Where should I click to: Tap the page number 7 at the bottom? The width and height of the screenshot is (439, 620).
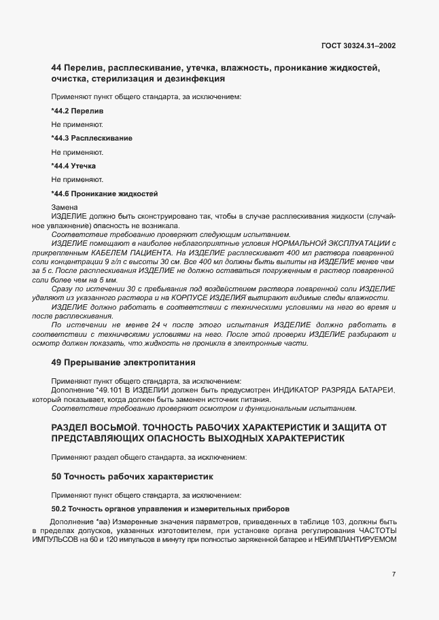click(x=394, y=574)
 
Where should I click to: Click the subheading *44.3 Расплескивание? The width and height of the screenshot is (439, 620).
click(x=91, y=138)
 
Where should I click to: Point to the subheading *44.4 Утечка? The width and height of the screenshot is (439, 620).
click(x=73, y=166)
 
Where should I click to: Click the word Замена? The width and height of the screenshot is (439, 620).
click(x=65, y=207)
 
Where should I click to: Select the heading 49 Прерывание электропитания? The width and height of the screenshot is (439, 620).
click(x=123, y=361)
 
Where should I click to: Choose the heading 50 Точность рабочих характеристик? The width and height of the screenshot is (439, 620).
click(x=133, y=477)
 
